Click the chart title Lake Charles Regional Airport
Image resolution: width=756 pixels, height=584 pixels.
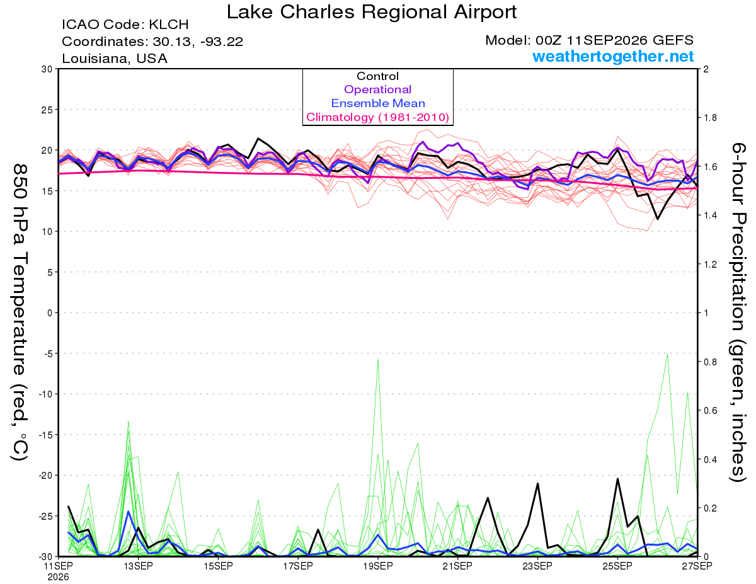372,12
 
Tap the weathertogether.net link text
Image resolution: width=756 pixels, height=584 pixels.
613,56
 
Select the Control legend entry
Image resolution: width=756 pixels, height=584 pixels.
377,76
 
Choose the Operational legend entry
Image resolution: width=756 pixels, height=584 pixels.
377,89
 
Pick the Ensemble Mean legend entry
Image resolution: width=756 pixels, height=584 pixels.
378,103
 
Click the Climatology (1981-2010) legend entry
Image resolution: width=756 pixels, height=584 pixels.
378,117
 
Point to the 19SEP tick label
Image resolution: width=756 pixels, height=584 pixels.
378,566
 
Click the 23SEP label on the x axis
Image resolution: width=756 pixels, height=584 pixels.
537,566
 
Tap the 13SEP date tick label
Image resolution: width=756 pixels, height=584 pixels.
138,566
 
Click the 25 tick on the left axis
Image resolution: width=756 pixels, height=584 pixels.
47,110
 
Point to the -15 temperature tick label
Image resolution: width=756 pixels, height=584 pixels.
45,435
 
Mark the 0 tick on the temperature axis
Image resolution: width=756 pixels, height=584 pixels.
50,312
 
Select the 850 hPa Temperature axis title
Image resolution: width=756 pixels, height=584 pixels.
20,312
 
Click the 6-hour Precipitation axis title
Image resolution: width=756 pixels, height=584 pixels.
738,312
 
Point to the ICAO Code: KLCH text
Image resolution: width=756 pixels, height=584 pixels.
125,25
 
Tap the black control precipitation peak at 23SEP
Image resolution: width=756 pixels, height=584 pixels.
537,483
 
